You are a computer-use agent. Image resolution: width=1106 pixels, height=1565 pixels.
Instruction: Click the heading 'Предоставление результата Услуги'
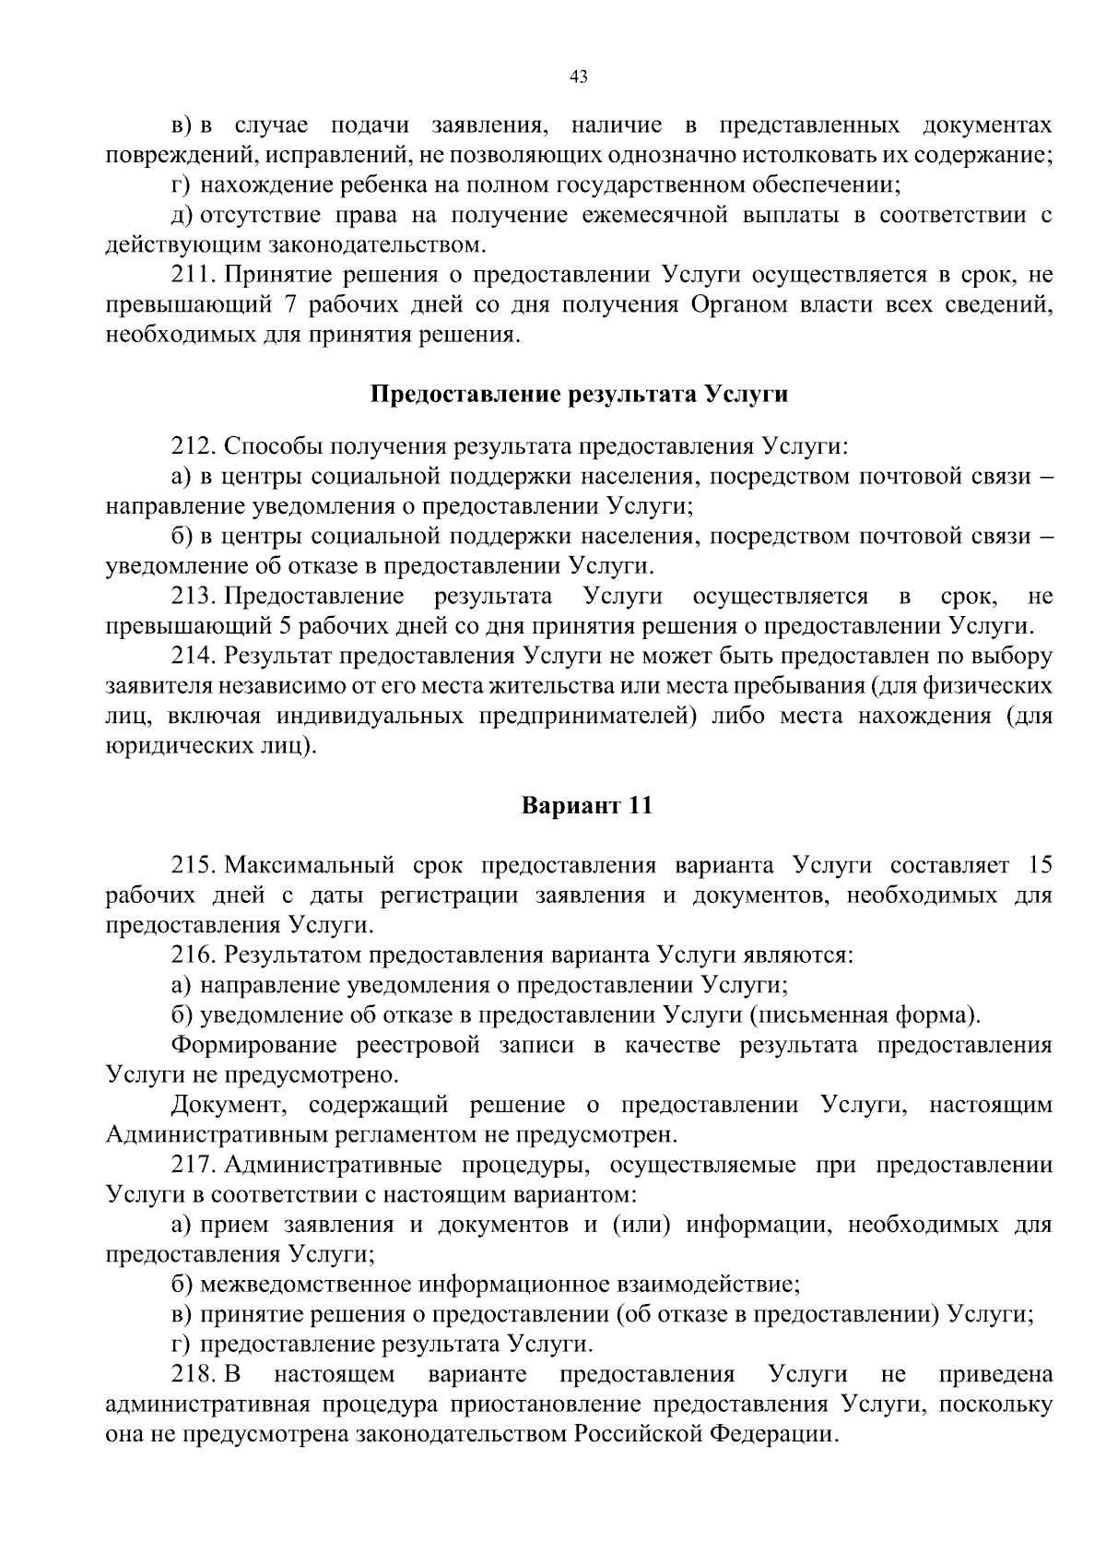(x=579, y=395)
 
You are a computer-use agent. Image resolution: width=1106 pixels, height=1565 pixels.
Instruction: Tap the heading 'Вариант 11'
(x=587, y=805)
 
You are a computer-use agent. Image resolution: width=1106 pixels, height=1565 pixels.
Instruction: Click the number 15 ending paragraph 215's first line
(x=1039, y=865)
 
